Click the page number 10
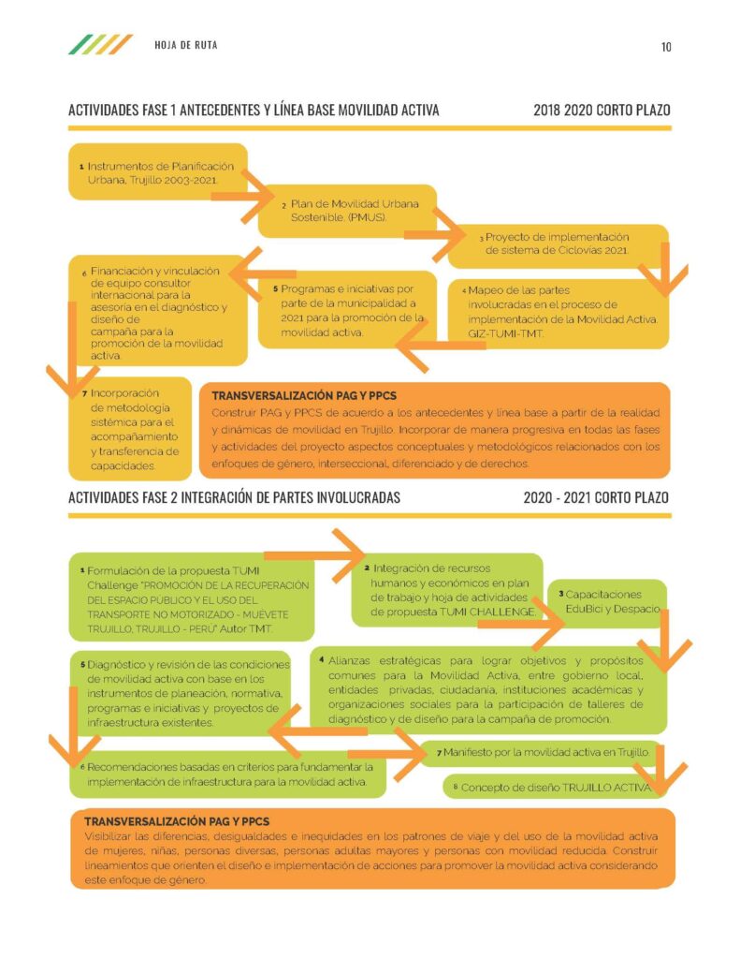(x=666, y=47)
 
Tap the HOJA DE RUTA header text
(x=186, y=45)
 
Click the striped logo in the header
(x=100, y=45)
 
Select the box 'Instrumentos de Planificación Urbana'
(x=158, y=172)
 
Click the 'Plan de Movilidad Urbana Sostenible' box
(x=347, y=211)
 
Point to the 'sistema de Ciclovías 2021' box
(x=558, y=246)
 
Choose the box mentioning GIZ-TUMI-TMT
(x=558, y=314)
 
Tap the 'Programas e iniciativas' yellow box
(x=347, y=310)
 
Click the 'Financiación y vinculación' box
(x=158, y=311)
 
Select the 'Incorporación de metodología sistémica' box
(x=130, y=429)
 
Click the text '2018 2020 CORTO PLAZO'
(x=602, y=111)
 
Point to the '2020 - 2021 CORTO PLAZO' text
(x=596, y=497)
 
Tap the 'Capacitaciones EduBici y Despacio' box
(x=607, y=603)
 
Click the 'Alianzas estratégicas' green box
(x=488, y=690)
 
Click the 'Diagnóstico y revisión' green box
(x=181, y=694)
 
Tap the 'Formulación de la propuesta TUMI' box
(x=192, y=597)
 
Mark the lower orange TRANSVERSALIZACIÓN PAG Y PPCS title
(x=177, y=821)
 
